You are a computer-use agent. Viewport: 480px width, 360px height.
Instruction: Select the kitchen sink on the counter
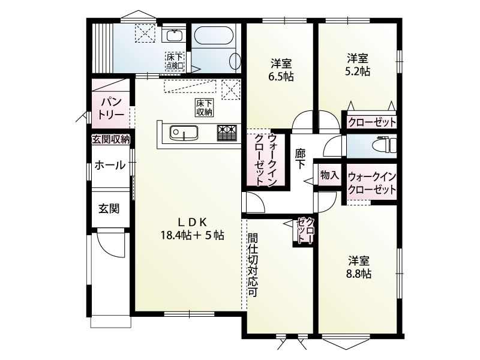(x=184, y=133)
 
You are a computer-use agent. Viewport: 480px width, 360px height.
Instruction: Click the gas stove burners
(x=227, y=133)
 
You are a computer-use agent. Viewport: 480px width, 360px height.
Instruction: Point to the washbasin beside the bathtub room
(x=174, y=36)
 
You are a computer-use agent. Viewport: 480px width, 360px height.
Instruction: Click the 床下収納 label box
(x=204, y=107)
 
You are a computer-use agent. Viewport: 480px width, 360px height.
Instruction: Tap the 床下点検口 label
(x=175, y=61)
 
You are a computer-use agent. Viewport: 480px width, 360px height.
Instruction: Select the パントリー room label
(x=111, y=108)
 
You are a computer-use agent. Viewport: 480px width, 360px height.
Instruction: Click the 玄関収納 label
(x=111, y=140)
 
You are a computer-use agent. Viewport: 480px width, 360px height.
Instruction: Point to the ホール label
(x=110, y=165)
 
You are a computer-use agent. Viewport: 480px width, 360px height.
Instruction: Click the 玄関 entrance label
(x=109, y=209)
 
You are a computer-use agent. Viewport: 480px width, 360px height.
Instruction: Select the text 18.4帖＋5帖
(x=193, y=235)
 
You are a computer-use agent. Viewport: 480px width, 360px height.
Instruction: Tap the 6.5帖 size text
(x=281, y=76)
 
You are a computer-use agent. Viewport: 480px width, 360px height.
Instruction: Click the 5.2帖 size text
(x=358, y=71)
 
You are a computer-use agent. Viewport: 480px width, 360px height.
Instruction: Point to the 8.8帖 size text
(x=359, y=274)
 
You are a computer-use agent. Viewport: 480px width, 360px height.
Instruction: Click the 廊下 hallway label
(x=300, y=158)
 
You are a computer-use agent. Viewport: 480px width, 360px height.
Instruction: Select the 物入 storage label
(x=329, y=175)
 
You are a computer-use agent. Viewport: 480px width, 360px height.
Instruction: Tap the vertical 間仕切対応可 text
(x=253, y=265)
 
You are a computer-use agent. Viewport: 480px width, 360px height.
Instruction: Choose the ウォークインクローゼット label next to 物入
(x=372, y=183)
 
